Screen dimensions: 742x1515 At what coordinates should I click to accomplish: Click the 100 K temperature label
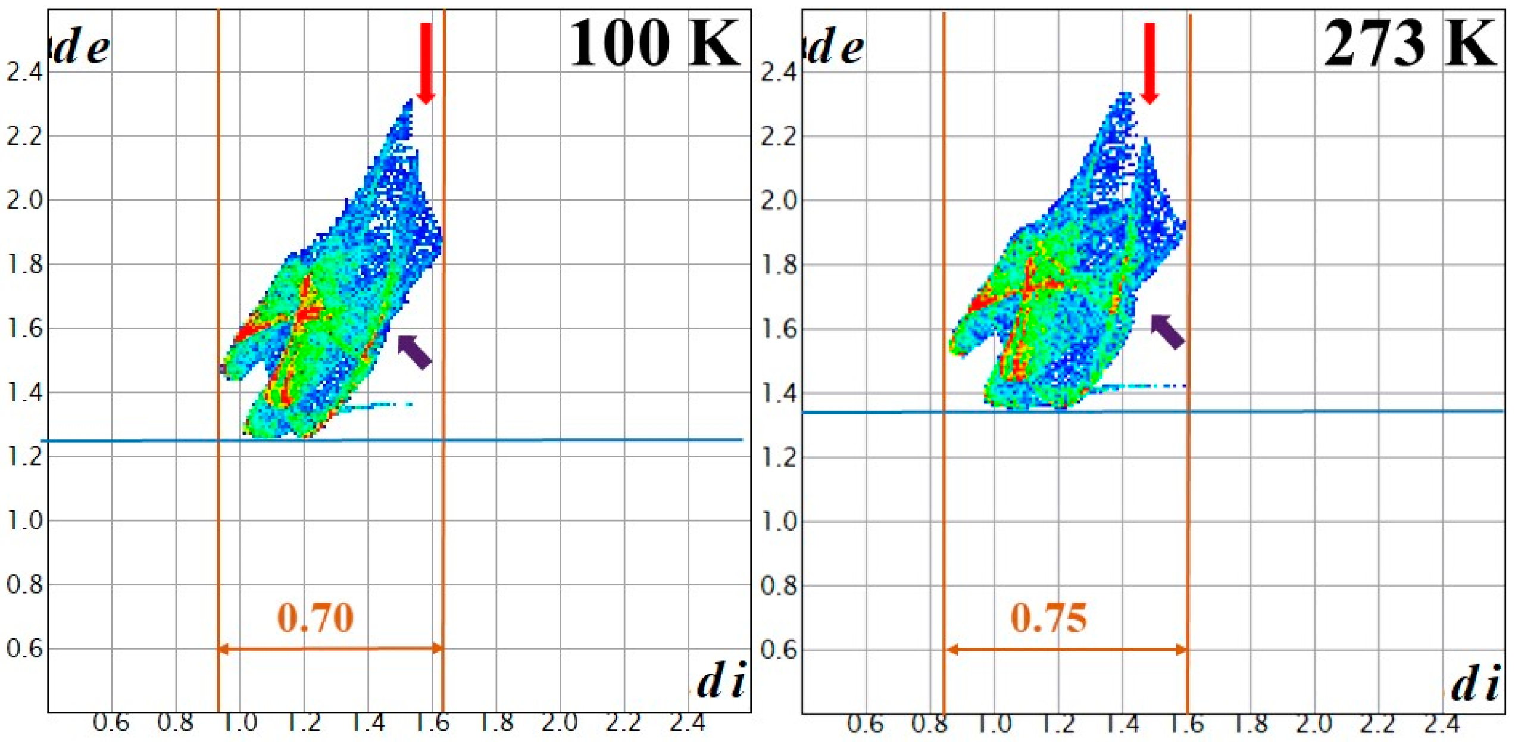pos(653,43)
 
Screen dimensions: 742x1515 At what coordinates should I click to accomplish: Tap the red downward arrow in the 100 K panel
pos(426,63)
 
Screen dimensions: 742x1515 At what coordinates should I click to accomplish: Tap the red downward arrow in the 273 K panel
pos(1149,63)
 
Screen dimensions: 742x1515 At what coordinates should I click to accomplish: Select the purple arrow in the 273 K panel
pos(1167,332)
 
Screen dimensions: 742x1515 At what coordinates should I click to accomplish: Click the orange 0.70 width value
pos(316,618)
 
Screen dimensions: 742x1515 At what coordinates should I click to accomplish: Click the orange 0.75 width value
pos(1049,618)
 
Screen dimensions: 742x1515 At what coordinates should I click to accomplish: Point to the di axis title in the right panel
pos(1475,684)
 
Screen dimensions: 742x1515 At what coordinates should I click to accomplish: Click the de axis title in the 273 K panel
pos(836,48)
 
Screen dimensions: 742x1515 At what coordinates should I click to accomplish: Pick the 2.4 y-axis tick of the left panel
pos(24,73)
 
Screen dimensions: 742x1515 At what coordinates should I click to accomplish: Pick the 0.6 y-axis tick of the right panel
pos(779,650)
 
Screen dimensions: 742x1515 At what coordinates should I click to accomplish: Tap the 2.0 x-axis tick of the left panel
pos(560,724)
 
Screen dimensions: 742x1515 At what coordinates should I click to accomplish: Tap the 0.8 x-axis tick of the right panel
pos(929,725)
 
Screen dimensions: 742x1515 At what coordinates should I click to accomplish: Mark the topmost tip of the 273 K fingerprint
pos(1124,94)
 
